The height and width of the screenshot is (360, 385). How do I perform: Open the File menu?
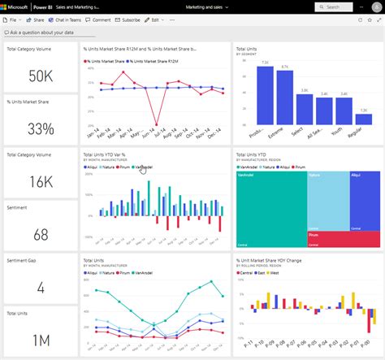[x=14, y=19]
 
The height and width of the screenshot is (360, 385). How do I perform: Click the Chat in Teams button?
[x=71, y=19]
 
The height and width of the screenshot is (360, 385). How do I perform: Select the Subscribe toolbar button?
[x=128, y=19]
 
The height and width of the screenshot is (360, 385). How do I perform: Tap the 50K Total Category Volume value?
[x=41, y=76]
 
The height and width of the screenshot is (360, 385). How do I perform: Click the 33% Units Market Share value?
[x=41, y=128]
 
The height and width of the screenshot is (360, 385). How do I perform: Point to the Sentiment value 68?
[x=41, y=233]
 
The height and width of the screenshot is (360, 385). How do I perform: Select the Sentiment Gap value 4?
[x=41, y=286]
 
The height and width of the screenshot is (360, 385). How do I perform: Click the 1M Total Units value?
[x=41, y=339]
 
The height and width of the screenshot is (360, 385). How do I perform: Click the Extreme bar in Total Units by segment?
[x=284, y=96]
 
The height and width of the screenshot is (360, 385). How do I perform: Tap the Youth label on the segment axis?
[x=344, y=132]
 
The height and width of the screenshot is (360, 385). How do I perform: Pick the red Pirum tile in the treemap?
[x=341, y=238]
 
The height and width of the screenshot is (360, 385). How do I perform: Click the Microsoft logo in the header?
[x=18, y=7]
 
